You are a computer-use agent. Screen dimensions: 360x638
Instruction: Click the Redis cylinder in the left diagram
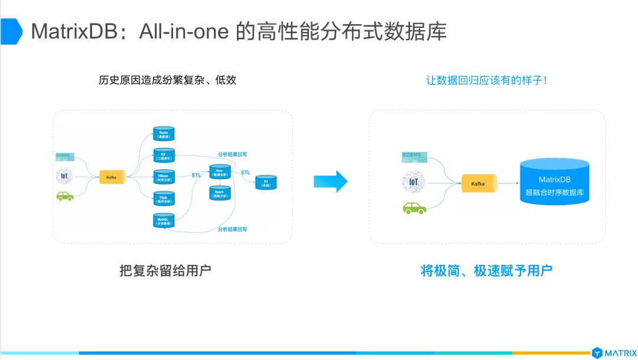point(164,133)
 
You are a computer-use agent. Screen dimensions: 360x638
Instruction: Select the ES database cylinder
point(164,155)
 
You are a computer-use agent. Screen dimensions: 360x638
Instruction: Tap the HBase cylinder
point(164,177)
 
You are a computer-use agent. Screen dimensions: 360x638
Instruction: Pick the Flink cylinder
point(164,199)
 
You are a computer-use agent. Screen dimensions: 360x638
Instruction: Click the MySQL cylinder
point(164,220)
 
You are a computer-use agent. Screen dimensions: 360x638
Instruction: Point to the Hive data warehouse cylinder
point(219,171)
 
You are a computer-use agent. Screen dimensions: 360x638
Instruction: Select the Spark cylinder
point(219,193)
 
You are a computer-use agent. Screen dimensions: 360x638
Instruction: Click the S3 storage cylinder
point(266,183)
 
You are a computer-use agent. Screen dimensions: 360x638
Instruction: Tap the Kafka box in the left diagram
point(112,176)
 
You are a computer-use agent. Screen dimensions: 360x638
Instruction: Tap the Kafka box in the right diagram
point(479,183)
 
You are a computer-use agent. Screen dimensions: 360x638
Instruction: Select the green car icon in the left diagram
point(65,196)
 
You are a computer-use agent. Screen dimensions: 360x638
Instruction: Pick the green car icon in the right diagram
point(415,207)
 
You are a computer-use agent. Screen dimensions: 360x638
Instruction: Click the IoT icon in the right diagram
point(414,181)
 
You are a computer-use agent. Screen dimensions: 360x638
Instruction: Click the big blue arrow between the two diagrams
point(330,181)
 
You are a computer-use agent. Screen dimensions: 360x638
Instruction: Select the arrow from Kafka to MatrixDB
point(507,183)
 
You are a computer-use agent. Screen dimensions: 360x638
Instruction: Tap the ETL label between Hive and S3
point(245,172)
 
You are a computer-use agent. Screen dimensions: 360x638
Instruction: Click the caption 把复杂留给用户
point(165,271)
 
